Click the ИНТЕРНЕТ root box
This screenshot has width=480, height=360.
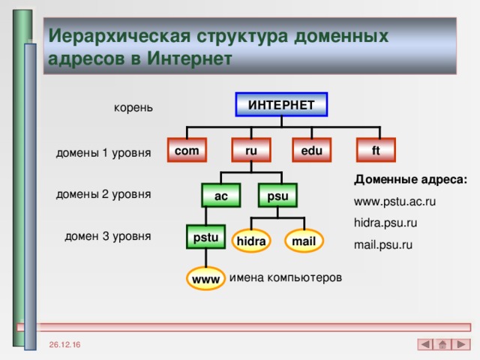[x=281, y=104]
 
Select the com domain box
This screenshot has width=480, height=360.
[x=187, y=151]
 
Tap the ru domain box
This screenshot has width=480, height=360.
[x=251, y=151]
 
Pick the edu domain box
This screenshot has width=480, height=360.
[x=311, y=151]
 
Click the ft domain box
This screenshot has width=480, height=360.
[x=375, y=151]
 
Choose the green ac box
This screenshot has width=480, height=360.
[x=221, y=196]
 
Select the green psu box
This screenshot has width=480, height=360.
[x=277, y=196]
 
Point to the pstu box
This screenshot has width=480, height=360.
[x=205, y=238]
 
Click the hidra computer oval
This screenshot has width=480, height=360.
[x=250, y=241]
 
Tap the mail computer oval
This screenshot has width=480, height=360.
[x=304, y=241]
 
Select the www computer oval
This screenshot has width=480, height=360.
[x=205, y=279]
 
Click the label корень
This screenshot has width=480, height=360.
[x=133, y=108]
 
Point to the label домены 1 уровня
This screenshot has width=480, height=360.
[x=103, y=153]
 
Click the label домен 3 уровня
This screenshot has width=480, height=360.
[x=107, y=236]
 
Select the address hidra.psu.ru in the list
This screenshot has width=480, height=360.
[x=385, y=223]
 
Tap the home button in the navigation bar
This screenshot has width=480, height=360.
[x=442, y=344]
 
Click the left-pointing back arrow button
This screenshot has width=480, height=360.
[x=425, y=344]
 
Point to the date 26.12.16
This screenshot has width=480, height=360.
[x=67, y=343]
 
